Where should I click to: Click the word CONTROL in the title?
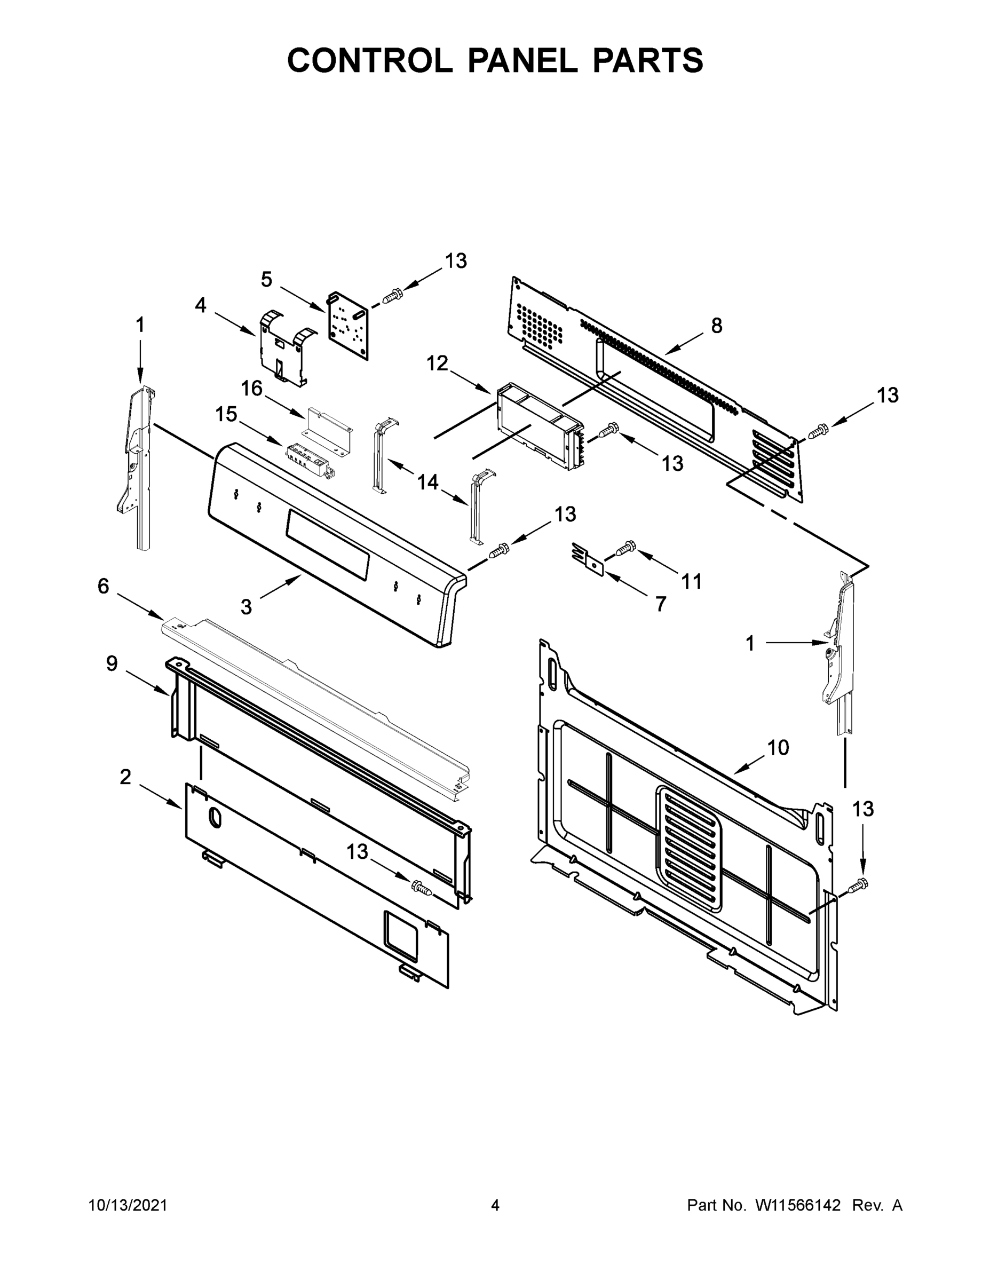click(369, 60)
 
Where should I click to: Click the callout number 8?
click(717, 326)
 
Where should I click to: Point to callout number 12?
click(438, 363)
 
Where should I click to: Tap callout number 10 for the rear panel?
click(778, 748)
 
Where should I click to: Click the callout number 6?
click(103, 586)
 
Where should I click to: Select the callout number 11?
click(692, 581)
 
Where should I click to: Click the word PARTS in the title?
click(647, 60)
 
